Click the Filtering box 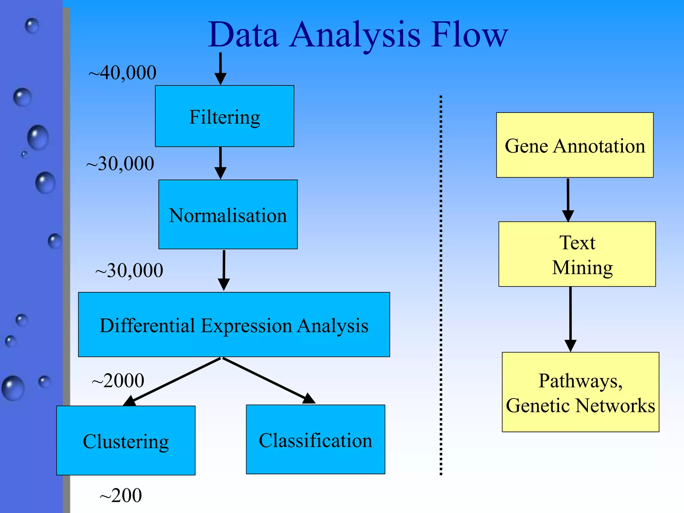[224, 116]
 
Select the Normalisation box [228, 214]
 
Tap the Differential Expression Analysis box [234, 325]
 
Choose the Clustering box [126, 441]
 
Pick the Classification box [315, 440]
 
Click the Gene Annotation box [575, 145]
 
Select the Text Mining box [577, 254]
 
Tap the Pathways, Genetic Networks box [580, 392]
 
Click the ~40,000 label [122, 72]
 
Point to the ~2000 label [118, 380]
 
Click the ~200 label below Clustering [121, 495]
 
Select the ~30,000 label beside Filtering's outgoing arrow [120, 164]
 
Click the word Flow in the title [469, 35]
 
